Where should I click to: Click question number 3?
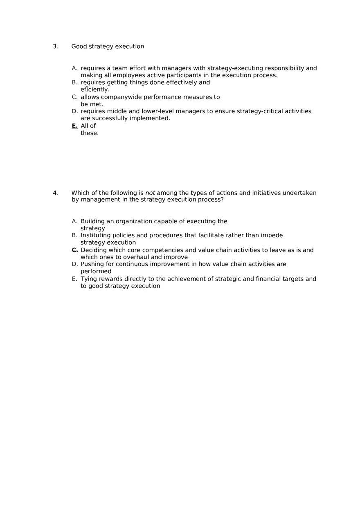coord(55,47)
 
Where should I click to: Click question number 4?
coord(55,193)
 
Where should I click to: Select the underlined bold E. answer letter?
coord(74,126)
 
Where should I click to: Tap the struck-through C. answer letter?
coord(74,250)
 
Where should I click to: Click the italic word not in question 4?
coord(150,193)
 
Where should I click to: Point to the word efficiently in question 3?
coord(95,90)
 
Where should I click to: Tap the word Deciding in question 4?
coord(94,250)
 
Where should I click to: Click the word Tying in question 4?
coord(89,279)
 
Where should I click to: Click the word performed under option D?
coord(96,272)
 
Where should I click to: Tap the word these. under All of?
coord(90,133)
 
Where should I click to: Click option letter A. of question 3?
coord(74,68)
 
